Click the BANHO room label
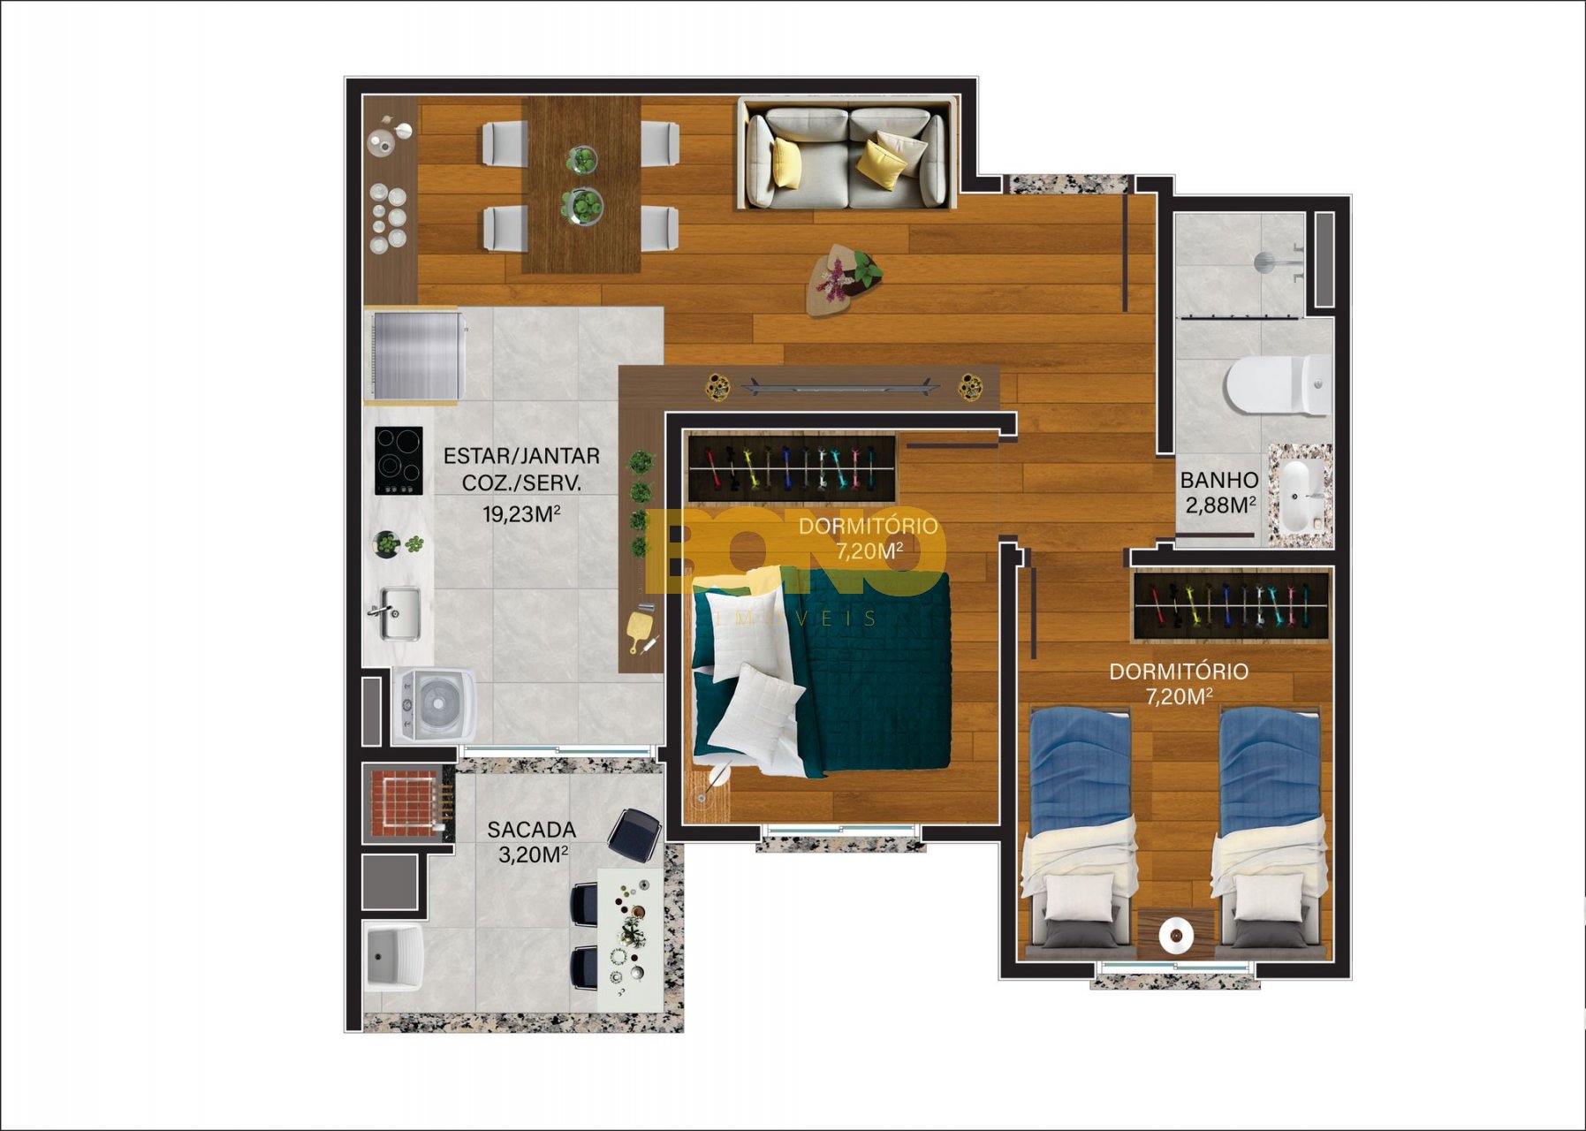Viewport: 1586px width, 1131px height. click(1219, 481)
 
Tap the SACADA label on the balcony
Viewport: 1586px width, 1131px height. click(531, 830)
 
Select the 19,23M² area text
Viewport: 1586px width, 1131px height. click(521, 513)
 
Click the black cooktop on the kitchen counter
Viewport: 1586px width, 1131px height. click(398, 460)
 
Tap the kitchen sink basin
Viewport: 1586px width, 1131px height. click(399, 613)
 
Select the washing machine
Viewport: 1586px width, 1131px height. click(434, 704)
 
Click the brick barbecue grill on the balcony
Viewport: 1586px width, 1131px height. click(406, 802)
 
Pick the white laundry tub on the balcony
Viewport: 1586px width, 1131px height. click(394, 957)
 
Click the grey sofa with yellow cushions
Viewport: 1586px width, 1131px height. click(846, 156)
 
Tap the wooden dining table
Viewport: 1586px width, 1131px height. click(581, 185)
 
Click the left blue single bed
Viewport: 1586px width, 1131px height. click(1080, 831)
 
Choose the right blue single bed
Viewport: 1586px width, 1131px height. click(1269, 831)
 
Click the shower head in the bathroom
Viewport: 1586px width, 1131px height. click(1265, 262)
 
